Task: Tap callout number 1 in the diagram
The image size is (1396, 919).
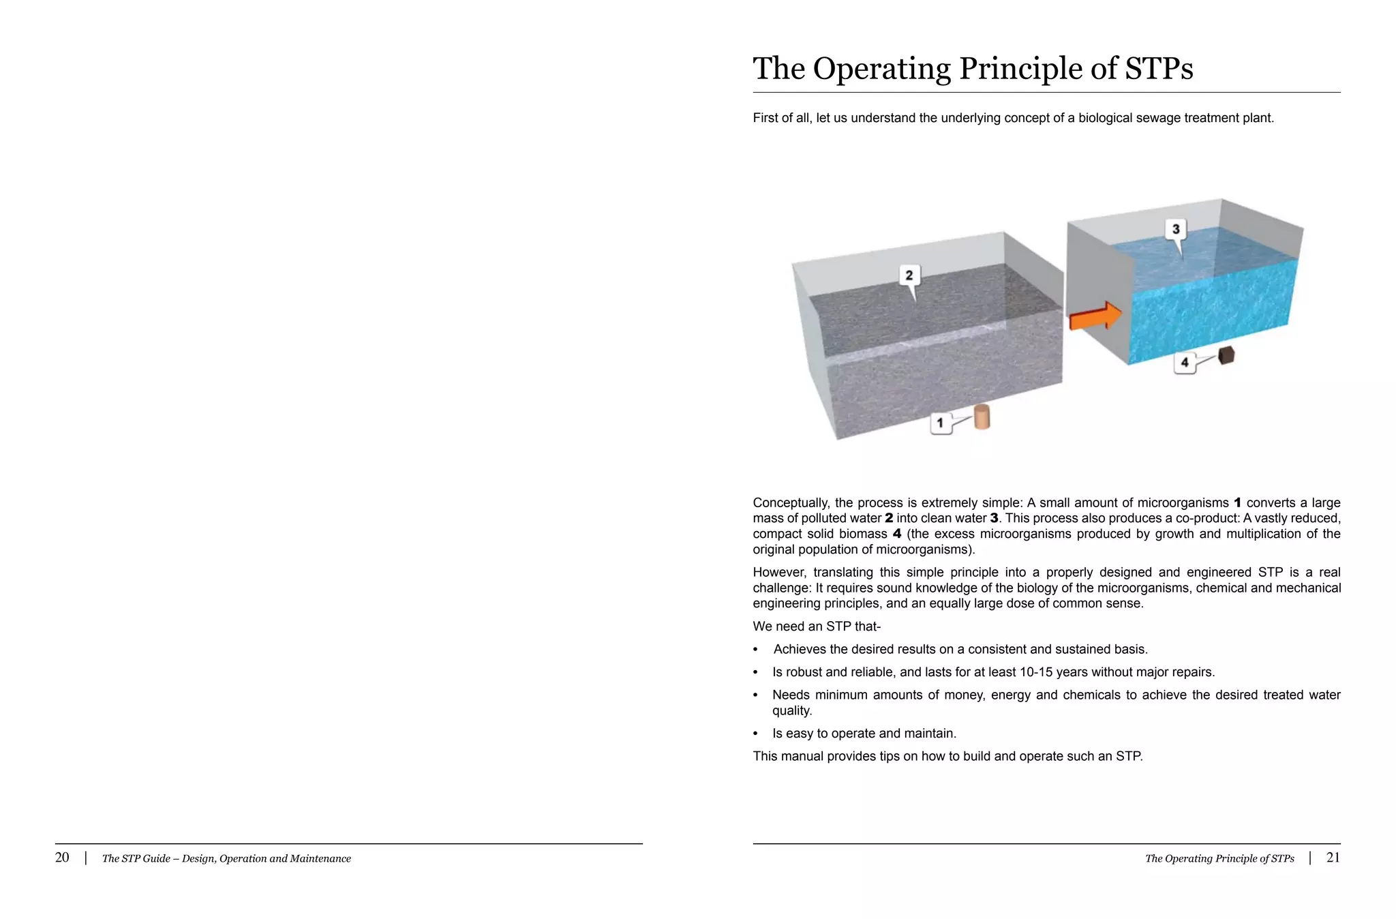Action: click(941, 423)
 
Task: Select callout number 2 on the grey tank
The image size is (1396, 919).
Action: click(909, 275)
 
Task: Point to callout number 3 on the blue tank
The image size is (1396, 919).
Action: click(1175, 229)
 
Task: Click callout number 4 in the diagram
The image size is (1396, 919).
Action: click(1185, 362)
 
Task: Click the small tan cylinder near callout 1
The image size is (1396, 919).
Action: click(982, 417)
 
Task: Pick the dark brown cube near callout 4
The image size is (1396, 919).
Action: click(1226, 355)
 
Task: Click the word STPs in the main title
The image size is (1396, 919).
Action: click(1159, 69)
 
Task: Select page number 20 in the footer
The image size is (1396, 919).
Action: click(62, 858)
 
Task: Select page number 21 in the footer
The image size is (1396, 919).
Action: click(1333, 858)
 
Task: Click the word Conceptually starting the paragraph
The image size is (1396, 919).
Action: click(790, 503)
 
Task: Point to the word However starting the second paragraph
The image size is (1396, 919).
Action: click(780, 573)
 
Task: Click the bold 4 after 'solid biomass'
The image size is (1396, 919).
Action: click(897, 534)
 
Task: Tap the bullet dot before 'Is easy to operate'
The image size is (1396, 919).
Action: click(755, 734)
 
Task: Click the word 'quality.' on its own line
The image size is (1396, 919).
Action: click(792, 711)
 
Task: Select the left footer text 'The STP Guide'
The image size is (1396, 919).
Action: click(135, 859)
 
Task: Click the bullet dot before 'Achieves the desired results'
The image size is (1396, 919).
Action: click(755, 650)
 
